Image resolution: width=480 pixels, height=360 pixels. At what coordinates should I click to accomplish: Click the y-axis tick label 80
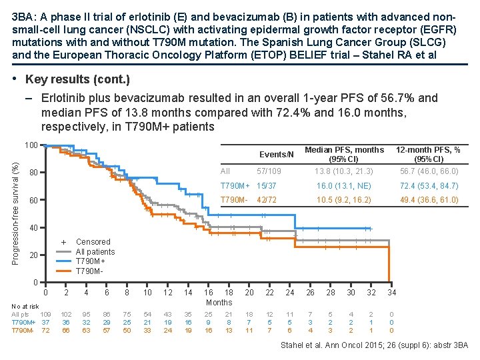pyautogui.click(x=33, y=173)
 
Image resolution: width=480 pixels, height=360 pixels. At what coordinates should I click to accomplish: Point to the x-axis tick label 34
pyautogui.click(x=392, y=292)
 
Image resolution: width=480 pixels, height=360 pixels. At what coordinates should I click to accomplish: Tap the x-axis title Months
pyautogui.click(x=219, y=302)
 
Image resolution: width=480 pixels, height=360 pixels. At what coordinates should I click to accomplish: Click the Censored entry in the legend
pyautogui.click(x=93, y=241)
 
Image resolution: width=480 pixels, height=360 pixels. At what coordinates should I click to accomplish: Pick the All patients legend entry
pyautogui.click(x=95, y=251)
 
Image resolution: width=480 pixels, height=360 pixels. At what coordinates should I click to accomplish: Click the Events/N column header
pyautogui.click(x=276, y=155)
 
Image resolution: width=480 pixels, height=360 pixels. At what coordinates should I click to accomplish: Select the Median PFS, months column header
pyautogui.click(x=344, y=149)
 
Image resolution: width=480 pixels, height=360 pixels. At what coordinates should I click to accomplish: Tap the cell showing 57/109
pyautogui.click(x=270, y=171)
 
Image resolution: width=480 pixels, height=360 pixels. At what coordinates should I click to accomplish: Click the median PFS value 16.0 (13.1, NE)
pyautogui.click(x=344, y=185)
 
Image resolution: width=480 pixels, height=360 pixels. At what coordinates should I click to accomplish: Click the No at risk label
pyautogui.click(x=25, y=306)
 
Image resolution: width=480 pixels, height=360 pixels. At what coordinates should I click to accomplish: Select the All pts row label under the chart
pyautogui.click(x=21, y=313)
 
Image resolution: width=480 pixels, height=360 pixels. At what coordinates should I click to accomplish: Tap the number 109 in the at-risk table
pyautogui.click(x=45, y=313)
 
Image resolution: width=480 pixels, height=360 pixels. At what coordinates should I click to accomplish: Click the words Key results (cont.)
pyautogui.click(x=77, y=79)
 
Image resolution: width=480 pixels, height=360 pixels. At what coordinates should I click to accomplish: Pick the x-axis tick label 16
pyautogui.click(x=209, y=292)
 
